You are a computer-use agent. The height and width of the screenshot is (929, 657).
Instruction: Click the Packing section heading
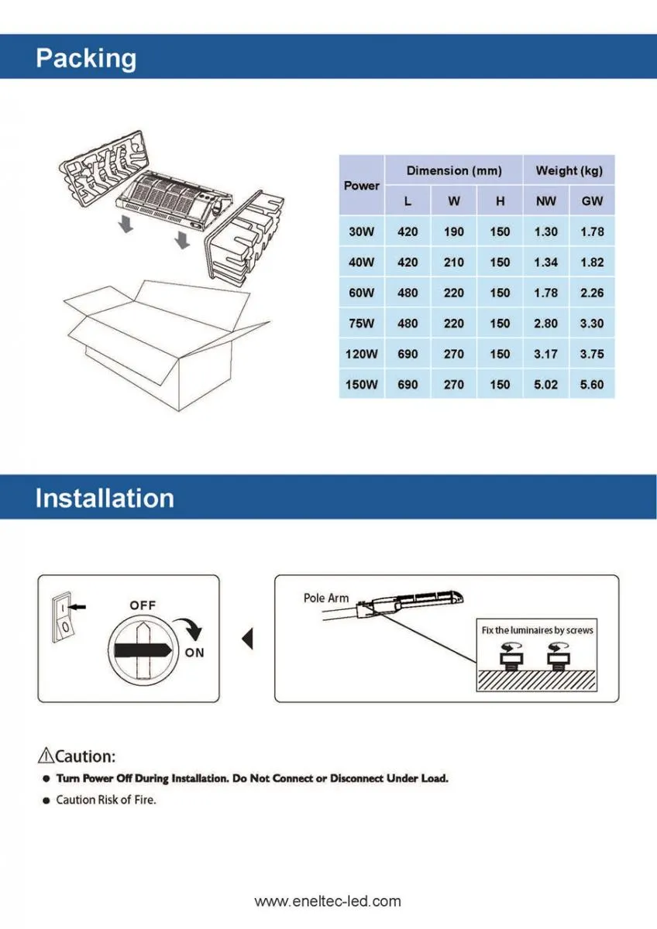[x=86, y=59]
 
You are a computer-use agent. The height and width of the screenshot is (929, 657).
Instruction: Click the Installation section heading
[x=105, y=498]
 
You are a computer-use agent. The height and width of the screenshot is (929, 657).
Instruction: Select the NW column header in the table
[x=545, y=201]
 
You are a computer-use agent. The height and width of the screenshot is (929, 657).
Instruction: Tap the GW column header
[x=592, y=201]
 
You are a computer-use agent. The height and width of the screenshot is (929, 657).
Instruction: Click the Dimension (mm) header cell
[x=454, y=170]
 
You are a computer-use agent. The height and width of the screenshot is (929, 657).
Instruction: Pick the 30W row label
[x=361, y=231]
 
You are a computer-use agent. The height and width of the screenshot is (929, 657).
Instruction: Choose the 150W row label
[x=361, y=385]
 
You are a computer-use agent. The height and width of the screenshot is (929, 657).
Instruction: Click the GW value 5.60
[x=592, y=385]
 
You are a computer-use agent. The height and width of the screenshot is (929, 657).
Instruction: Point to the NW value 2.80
[x=545, y=324]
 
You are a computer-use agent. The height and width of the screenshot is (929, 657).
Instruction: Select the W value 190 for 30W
[x=454, y=231]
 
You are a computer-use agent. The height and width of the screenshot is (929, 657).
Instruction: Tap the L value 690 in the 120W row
[x=408, y=355]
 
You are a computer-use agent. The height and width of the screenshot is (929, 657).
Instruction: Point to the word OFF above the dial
[x=143, y=605]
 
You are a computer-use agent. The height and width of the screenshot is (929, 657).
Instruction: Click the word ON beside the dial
[x=194, y=653]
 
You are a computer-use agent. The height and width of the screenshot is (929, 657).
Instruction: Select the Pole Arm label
[x=325, y=598]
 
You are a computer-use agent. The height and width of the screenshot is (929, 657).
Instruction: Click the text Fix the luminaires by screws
[x=537, y=630]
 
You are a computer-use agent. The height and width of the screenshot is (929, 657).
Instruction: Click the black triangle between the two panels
[x=248, y=639]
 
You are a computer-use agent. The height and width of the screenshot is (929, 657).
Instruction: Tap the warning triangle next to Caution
[x=46, y=756]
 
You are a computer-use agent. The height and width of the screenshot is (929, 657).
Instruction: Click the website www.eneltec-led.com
[x=328, y=901]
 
